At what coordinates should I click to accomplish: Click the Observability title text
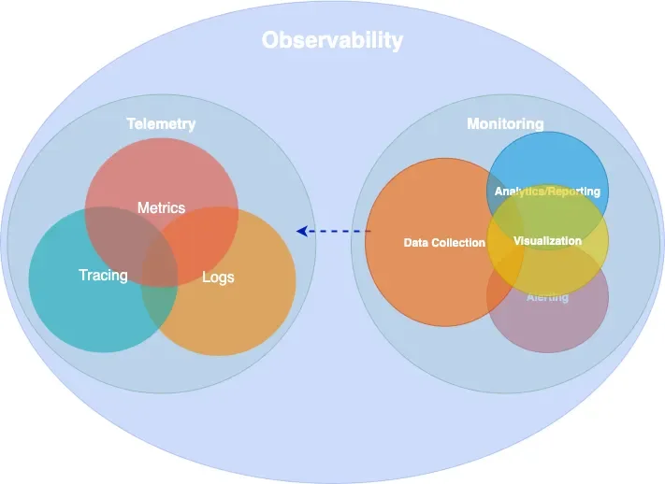tap(332, 40)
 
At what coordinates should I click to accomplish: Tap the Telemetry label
tap(161, 123)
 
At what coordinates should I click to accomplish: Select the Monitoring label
tap(505, 123)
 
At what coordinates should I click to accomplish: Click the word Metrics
tap(161, 207)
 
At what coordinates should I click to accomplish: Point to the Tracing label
tap(103, 276)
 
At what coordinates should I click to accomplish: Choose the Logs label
tap(218, 277)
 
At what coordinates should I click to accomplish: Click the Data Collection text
tap(444, 243)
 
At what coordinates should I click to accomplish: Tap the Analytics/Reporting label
tap(547, 192)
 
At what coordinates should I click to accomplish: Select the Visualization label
tap(547, 241)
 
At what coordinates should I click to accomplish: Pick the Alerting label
tap(547, 297)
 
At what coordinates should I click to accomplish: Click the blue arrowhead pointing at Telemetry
tap(302, 231)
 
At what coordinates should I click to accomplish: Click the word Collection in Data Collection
tap(461, 243)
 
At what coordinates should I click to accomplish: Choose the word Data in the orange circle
tap(415, 243)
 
